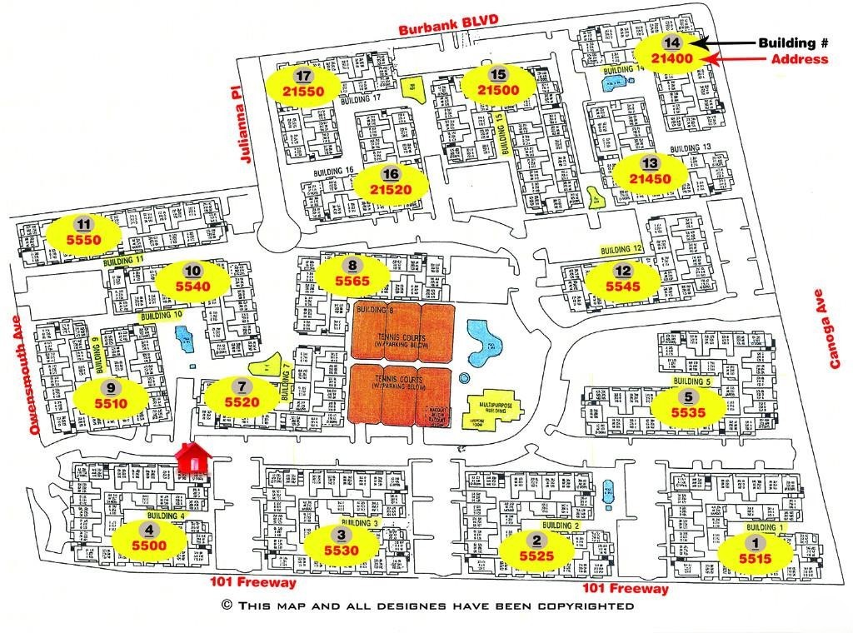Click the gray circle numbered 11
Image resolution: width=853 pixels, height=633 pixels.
82,224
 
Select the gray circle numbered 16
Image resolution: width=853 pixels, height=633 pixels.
391,174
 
